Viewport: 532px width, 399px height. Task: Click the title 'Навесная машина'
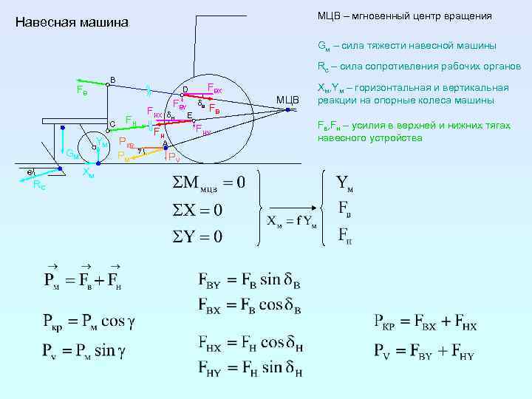72,23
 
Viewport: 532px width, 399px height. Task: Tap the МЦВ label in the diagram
287,100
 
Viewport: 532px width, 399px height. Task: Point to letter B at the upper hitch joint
112,79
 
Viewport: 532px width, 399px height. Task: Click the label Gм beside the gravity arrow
72,154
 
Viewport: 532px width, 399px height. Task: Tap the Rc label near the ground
39,185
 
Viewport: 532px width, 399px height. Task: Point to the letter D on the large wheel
185,90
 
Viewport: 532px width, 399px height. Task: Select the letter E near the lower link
190,116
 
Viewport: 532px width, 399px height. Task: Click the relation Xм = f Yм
292,222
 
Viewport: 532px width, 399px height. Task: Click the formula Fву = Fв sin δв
250,282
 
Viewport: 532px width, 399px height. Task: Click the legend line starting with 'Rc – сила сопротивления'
419,66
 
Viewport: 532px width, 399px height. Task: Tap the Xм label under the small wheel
88,174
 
